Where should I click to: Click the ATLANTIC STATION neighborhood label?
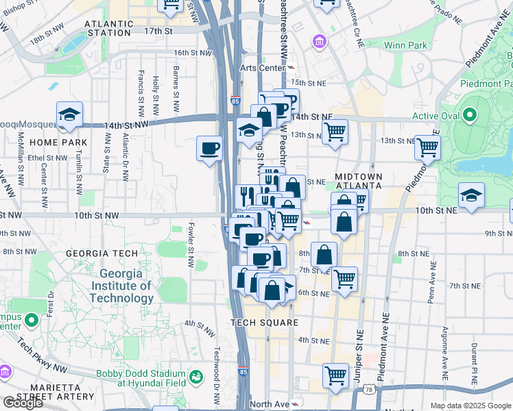click(x=108, y=28)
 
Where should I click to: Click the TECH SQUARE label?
click(x=264, y=323)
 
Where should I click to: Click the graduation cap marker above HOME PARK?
click(x=69, y=115)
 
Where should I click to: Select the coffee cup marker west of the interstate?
click(x=209, y=148)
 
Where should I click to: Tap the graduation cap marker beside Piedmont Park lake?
click(x=470, y=195)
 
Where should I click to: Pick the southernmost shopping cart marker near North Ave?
click(x=335, y=375)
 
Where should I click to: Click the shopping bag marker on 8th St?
click(x=324, y=255)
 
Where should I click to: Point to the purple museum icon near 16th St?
click(x=319, y=43)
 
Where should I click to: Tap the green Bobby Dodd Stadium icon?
click(x=196, y=377)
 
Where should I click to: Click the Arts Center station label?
click(x=262, y=68)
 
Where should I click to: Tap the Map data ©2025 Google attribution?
click(x=470, y=406)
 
